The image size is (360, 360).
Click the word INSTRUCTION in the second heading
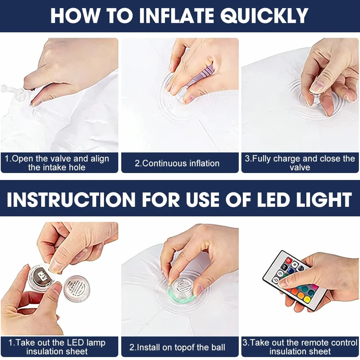71,199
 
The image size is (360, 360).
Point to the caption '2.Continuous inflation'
177,163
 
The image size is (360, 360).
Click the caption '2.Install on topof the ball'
177,347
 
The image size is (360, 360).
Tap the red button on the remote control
289,260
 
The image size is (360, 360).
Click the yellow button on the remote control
307,299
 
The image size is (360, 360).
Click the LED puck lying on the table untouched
77,289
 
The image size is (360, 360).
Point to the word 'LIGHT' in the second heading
324,199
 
